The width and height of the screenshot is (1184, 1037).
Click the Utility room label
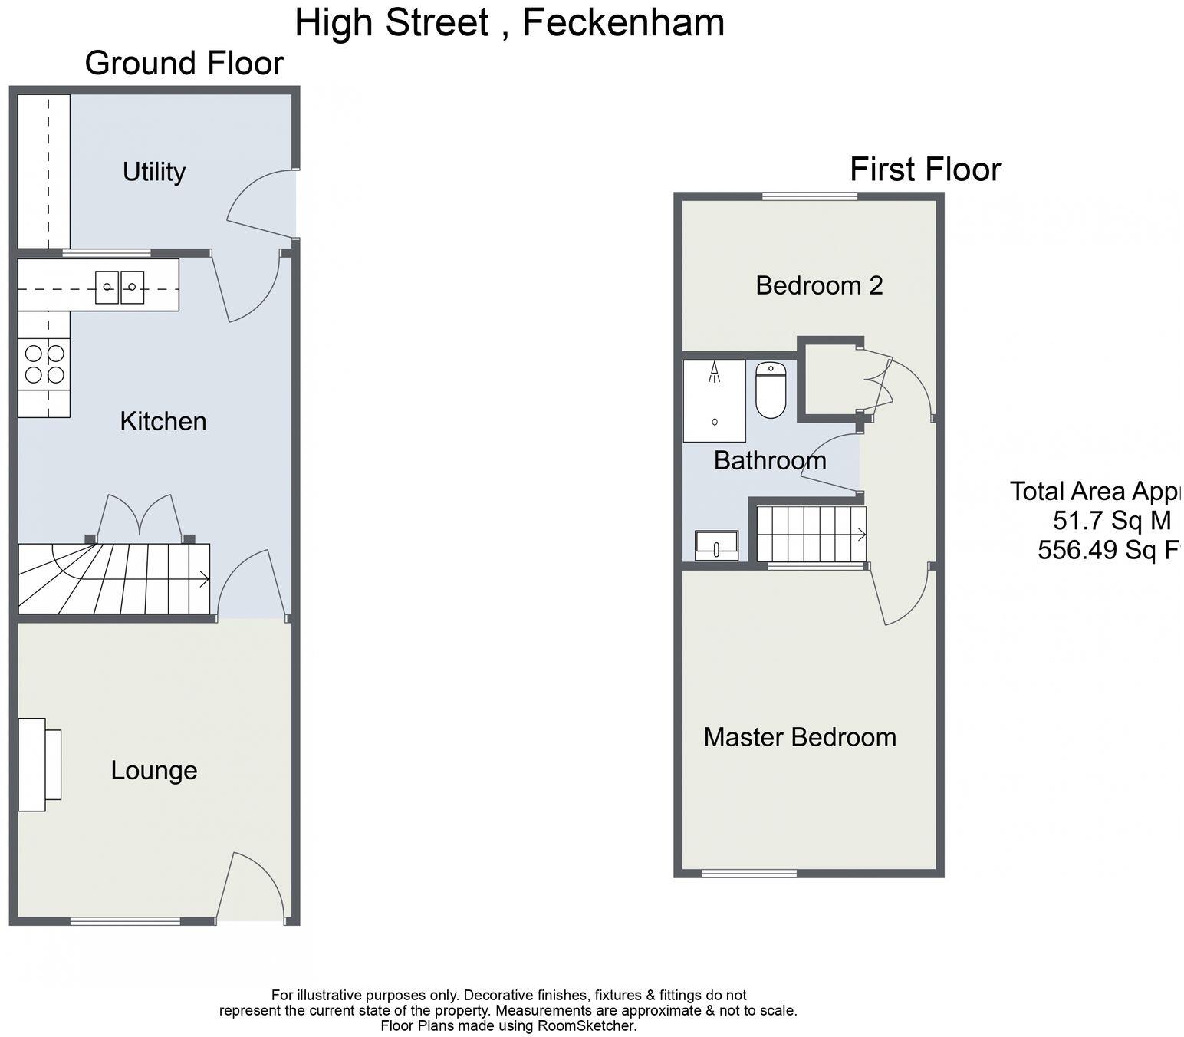pos(154,172)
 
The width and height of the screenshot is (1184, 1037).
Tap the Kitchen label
pos(163,421)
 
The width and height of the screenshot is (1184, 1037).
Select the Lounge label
pos(154,770)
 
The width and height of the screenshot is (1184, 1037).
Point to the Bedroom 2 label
pos(819,285)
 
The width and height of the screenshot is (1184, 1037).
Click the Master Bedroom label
pos(800,737)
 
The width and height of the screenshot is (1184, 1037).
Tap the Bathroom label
pos(770,460)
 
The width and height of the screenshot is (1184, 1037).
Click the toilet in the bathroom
pos(771,390)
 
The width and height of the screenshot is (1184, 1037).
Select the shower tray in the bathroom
pos(714,400)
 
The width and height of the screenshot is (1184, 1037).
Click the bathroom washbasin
pos(716,545)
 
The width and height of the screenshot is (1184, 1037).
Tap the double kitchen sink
pos(120,287)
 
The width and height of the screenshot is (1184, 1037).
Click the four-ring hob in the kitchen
pos(44,364)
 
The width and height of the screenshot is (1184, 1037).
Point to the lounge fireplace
pos(38,764)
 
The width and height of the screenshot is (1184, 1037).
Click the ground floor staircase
pos(113,579)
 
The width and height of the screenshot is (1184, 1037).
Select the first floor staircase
pos(811,534)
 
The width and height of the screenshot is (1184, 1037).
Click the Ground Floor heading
pos(184,63)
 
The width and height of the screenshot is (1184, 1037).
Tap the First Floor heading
pos(925,170)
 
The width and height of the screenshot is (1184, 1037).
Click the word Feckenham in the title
pos(623,22)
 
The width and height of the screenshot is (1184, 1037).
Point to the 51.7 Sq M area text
pos(1111,521)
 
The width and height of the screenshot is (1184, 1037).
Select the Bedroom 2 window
pos(810,196)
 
